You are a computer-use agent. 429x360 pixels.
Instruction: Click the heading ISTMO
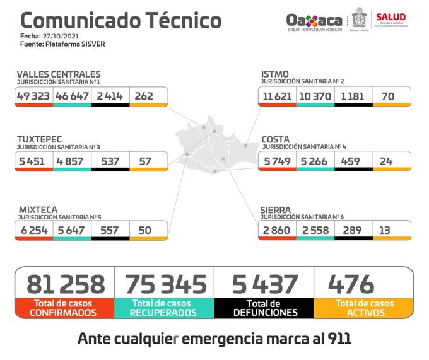coord(275,74)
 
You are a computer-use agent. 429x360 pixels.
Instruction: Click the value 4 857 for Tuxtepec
coord(72,161)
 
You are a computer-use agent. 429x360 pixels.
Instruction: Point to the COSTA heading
coord(276,139)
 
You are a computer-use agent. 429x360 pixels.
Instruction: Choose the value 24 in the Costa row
coord(386,161)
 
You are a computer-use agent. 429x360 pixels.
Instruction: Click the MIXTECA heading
coord(37,209)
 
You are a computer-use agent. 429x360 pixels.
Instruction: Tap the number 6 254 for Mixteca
coord(34,230)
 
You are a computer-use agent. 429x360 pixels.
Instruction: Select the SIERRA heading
coord(276,209)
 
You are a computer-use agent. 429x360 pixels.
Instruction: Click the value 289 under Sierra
coord(353,230)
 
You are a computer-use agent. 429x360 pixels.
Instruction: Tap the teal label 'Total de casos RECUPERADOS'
coord(164,308)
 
